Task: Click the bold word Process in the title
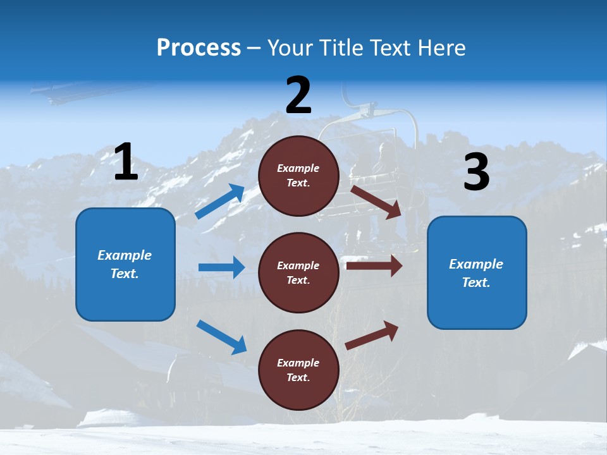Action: point(199,48)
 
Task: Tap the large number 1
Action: point(126,162)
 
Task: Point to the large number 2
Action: point(298,95)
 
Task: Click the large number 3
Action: point(476,173)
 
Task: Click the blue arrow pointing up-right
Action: point(220,202)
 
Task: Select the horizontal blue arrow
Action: point(221,267)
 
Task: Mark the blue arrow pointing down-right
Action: point(221,337)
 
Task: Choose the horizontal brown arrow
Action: point(374,265)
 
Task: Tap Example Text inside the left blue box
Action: point(125,264)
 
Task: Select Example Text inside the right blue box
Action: point(477,273)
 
